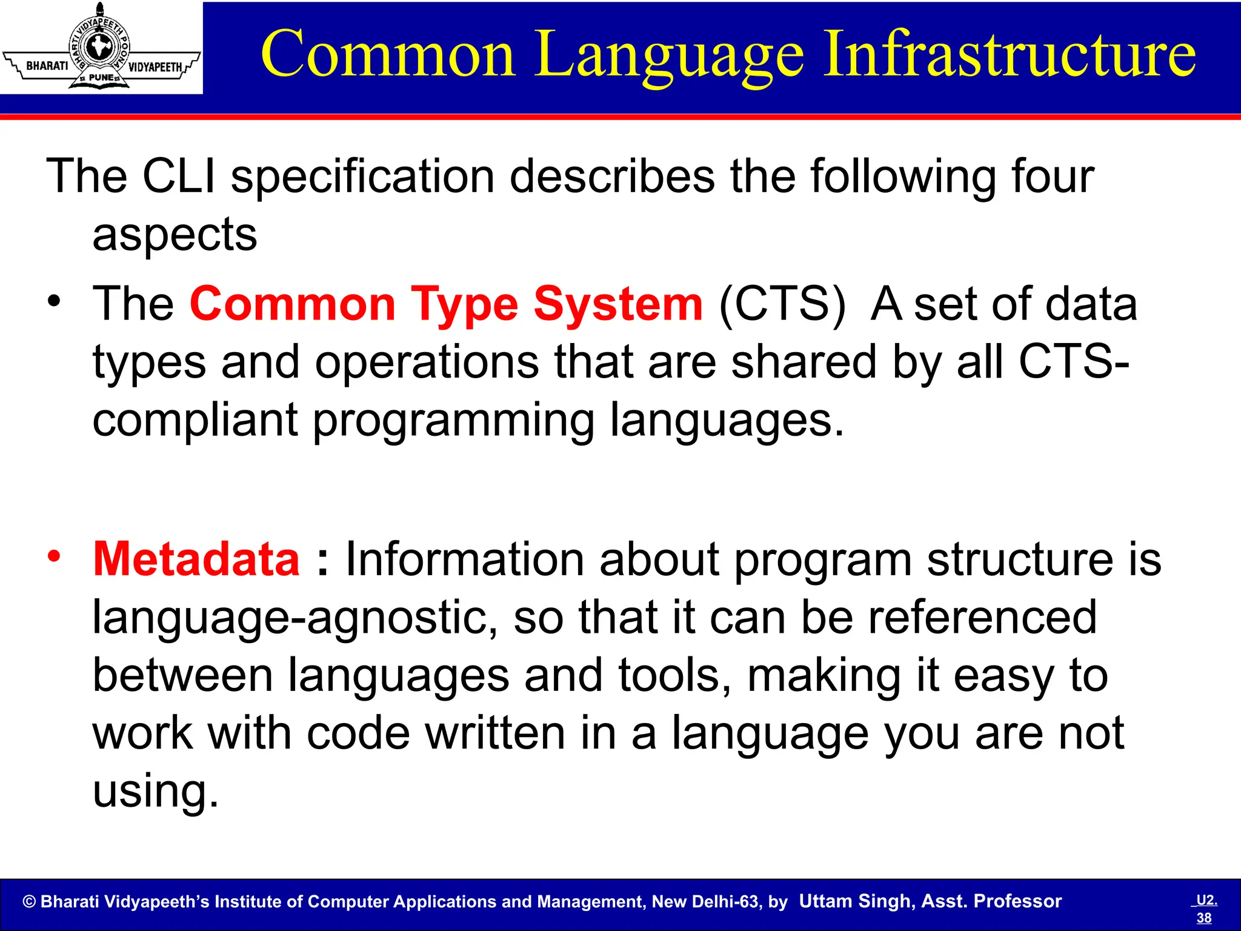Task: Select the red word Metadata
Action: pyautogui.click(x=196, y=559)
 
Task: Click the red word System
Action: pyautogui.click(x=617, y=304)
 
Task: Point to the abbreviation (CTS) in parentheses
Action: pyautogui.click(x=781, y=304)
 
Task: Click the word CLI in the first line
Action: pyautogui.click(x=179, y=176)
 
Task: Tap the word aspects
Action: pyautogui.click(x=175, y=235)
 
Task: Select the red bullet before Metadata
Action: pyautogui.click(x=55, y=556)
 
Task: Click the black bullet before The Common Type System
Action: pyautogui.click(x=55, y=301)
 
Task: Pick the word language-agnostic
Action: pyautogui.click(x=295, y=617)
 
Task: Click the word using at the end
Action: pyautogui.click(x=155, y=791)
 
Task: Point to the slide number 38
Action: pyautogui.click(x=1204, y=918)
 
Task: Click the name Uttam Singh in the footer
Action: pyautogui.click(x=856, y=901)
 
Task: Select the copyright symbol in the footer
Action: pyautogui.click(x=29, y=902)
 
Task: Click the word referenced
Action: pyautogui.click(x=982, y=617)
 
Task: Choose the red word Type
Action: pyautogui.click(x=464, y=304)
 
